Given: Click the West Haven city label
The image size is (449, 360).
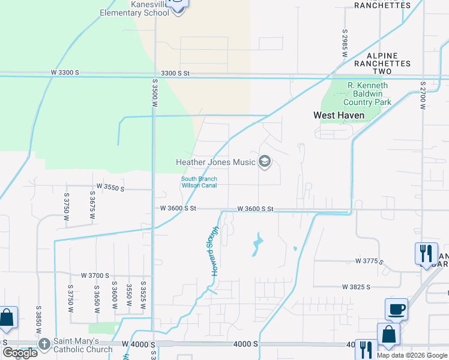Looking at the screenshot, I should [339, 115].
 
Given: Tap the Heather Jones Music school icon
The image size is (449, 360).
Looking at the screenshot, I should [265, 161].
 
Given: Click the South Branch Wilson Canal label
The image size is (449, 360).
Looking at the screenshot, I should [199, 182].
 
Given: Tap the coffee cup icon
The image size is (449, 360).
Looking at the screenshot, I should [396, 310].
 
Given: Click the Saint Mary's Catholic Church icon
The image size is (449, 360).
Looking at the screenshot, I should [44, 344].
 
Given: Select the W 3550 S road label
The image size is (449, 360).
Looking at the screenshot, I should [109, 188].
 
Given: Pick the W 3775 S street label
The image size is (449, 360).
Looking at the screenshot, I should [369, 261].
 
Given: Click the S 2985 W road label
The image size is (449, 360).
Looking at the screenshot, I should [345, 43].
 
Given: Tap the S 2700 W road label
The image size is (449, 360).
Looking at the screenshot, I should [423, 96].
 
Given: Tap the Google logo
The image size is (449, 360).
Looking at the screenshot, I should [20, 353].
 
